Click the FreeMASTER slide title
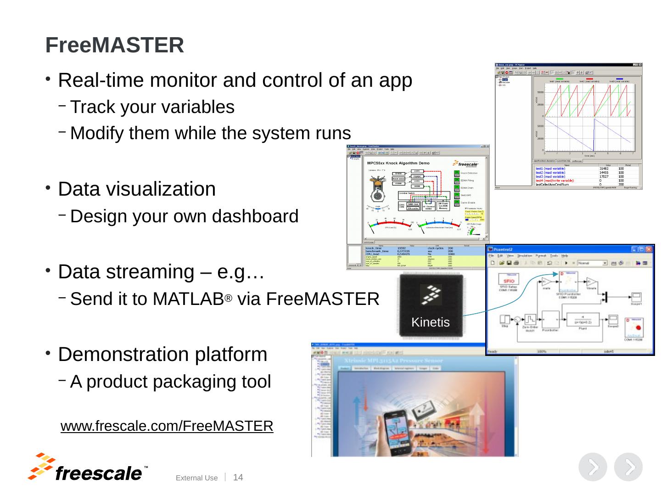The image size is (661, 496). (115, 45)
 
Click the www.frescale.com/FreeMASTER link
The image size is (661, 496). (167, 426)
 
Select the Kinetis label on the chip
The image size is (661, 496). (430, 322)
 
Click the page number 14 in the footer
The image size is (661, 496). (238, 478)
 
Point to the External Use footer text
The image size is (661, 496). (197, 478)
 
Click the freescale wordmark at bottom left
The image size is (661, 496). (99, 473)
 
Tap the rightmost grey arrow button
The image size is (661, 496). (628, 467)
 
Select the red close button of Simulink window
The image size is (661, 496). (648, 249)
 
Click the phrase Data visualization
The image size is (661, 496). (137, 189)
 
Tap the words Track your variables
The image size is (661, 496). (152, 107)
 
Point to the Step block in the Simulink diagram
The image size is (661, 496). (504, 319)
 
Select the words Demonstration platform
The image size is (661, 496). (162, 355)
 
